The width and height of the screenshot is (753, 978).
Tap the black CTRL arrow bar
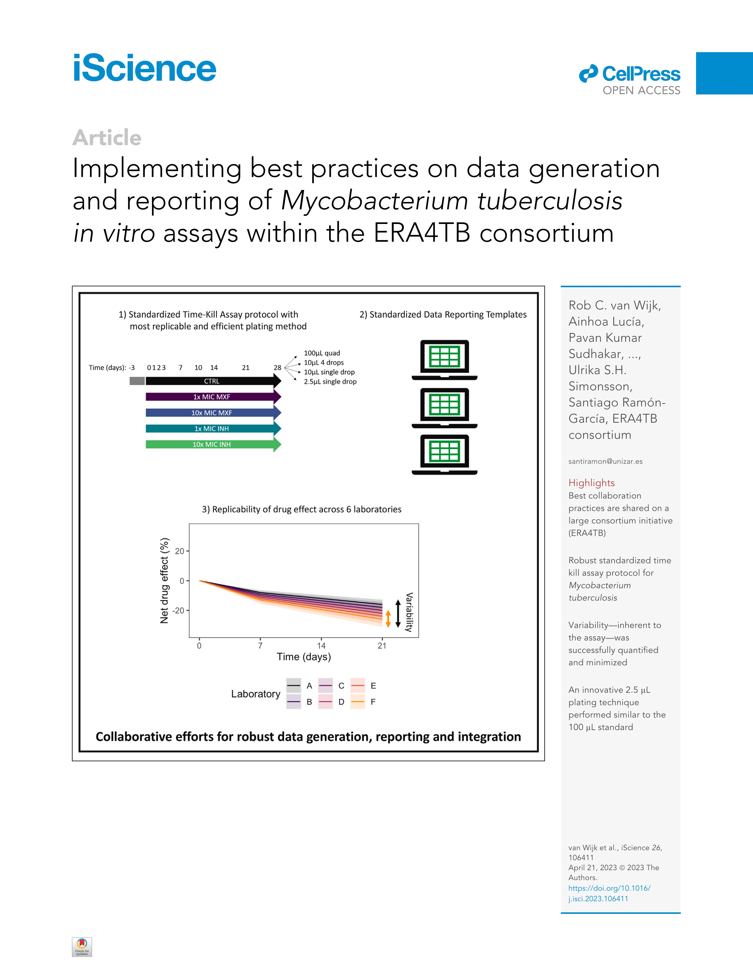[x=211, y=381]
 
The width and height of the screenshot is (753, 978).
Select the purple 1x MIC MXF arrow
[x=211, y=397]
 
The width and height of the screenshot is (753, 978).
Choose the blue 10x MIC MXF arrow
[x=211, y=413]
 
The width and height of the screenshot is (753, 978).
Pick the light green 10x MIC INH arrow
[x=211, y=445]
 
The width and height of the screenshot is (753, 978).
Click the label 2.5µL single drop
[x=330, y=382]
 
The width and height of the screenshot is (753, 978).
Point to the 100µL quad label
[x=322, y=353]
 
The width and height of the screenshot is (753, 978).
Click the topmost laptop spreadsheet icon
[x=444, y=359]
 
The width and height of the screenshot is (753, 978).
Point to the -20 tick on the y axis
[x=179, y=610]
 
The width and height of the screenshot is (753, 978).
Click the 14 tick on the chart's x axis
[x=321, y=645]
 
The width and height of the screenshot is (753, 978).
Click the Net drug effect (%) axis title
[x=164, y=580]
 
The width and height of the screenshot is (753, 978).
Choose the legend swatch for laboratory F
[x=358, y=702]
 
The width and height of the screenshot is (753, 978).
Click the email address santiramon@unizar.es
[x=605, y=461]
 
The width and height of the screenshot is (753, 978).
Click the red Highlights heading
[x=591, y=483]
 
